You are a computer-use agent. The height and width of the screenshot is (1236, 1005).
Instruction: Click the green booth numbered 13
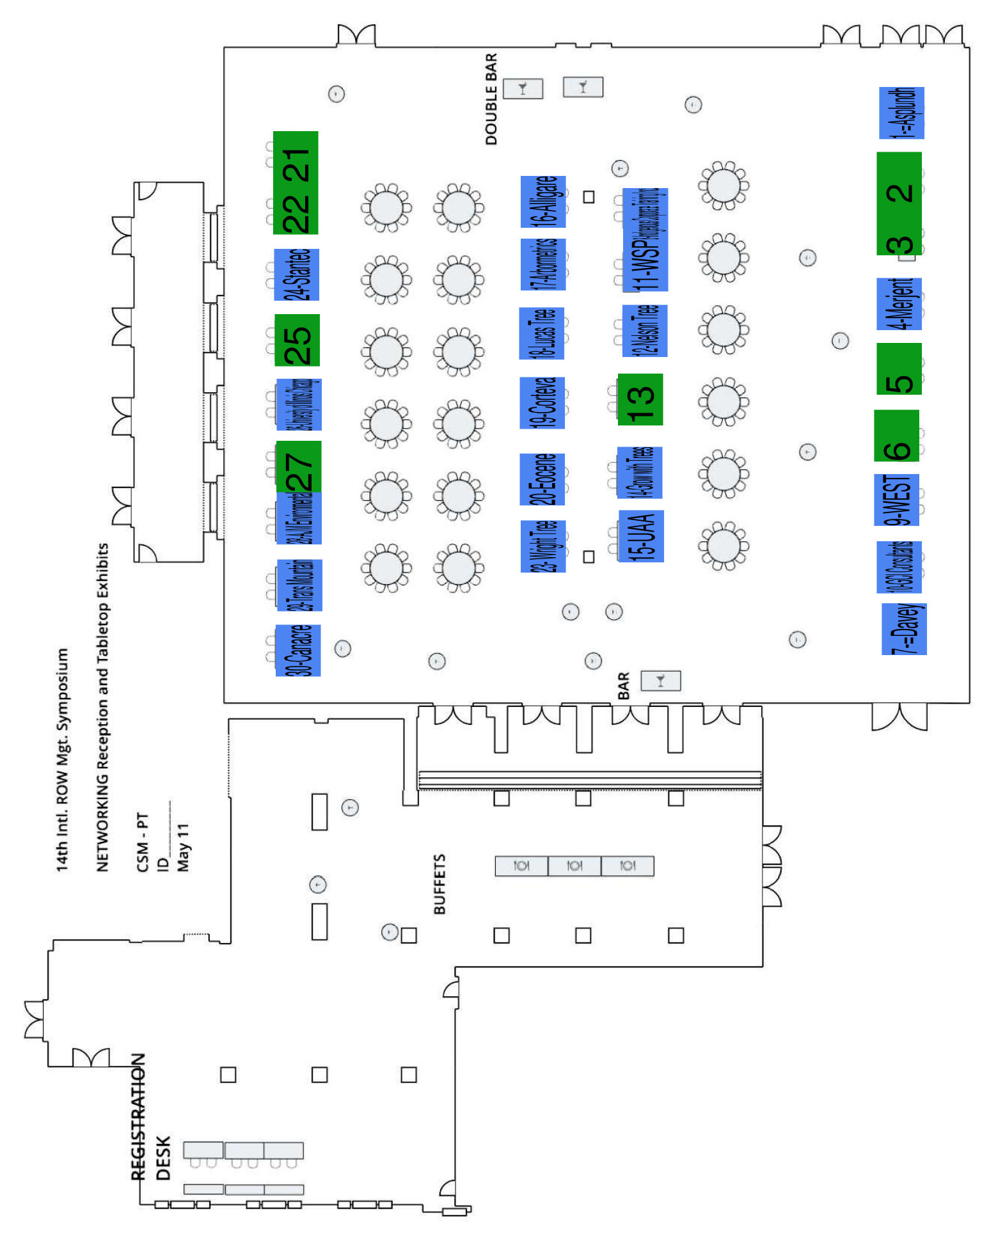(640, 399)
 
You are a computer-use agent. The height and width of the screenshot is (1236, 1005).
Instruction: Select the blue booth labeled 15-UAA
(641, 536)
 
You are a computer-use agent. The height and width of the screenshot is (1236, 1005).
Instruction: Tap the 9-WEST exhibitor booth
(896, 500)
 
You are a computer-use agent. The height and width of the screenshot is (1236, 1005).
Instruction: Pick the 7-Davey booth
(904, 629)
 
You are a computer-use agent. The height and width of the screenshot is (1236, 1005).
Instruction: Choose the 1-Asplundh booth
(901, 113)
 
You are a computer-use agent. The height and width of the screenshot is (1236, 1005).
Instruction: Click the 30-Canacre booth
(297, 650)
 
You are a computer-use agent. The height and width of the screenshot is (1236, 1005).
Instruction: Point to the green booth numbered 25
(297, 340)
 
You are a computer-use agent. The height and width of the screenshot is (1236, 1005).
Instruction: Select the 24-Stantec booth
(296, 274)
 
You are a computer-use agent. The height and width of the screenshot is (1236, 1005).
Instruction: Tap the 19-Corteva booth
(542, 402)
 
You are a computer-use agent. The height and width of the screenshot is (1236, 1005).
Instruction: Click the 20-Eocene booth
(542, 479)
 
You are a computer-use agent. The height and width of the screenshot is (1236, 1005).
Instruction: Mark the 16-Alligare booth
(543, 202)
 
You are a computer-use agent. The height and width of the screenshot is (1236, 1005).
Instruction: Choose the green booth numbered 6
(896, 436)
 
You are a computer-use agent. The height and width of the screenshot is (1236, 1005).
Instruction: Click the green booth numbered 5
(899, 368)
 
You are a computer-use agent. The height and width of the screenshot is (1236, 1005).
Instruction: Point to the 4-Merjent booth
(899, 304)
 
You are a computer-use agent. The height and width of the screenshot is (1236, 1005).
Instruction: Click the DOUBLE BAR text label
(491, 99)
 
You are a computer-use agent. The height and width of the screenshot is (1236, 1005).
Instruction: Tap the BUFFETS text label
(439, 883)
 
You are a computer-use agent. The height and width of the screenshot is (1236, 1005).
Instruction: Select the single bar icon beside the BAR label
(660, 680)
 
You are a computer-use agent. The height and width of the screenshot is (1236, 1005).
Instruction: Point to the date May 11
(184, 847)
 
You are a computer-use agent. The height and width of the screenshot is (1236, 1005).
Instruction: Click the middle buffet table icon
(574, 866)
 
